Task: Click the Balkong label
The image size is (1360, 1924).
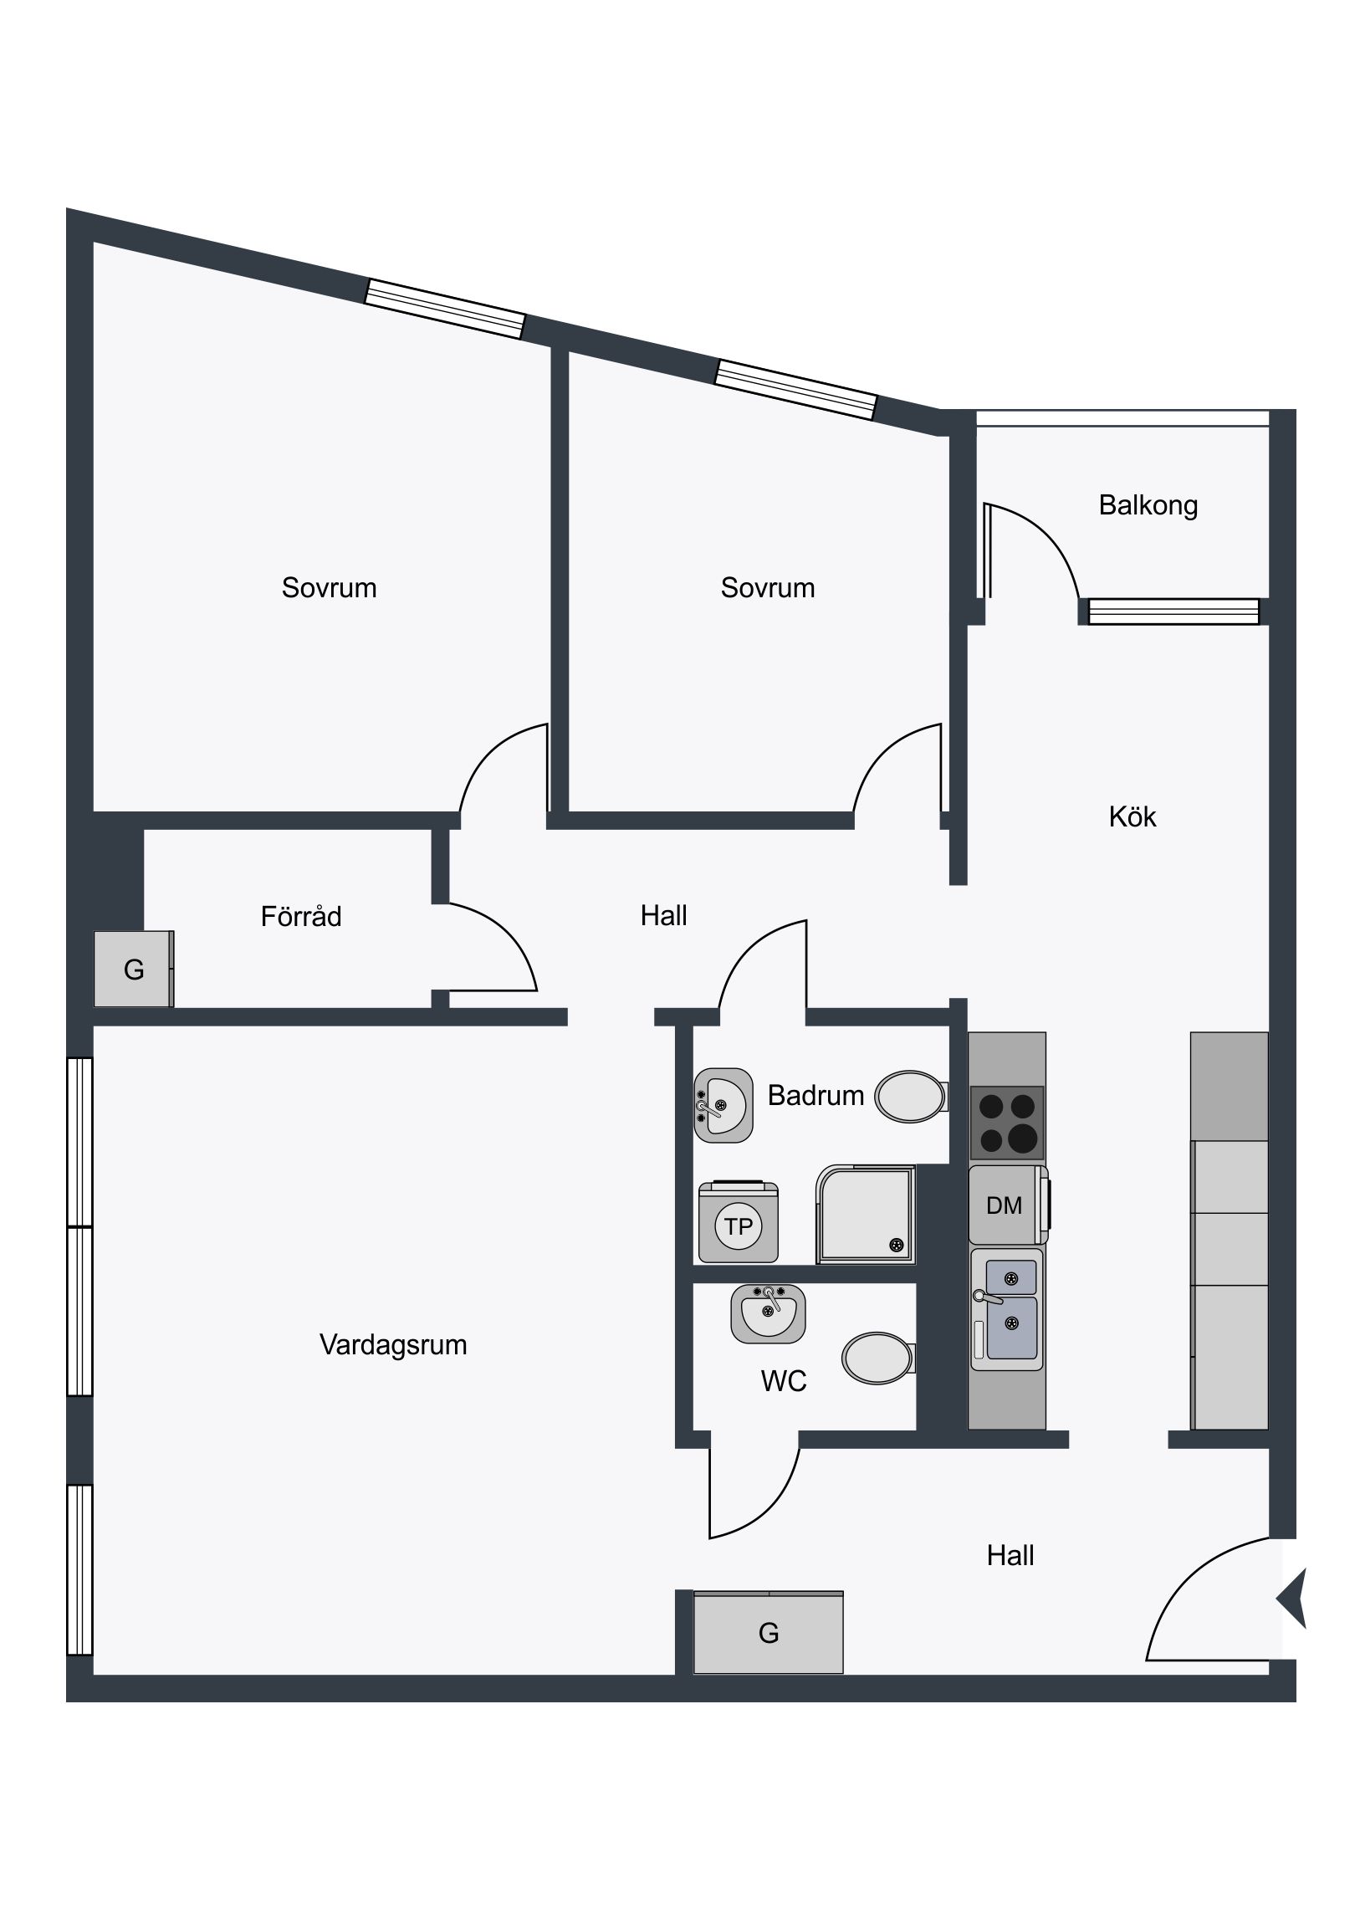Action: click(1148, 506)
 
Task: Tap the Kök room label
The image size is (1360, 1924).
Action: click(1132, 816)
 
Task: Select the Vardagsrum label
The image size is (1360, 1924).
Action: click(393, 1344)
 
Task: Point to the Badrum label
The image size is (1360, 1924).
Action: click(815, 1094)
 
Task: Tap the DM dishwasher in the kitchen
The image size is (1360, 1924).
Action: click(1009, 1205)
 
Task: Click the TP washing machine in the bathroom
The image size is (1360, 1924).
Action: click(739, 1222)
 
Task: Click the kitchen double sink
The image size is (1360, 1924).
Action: click(1006, 1310)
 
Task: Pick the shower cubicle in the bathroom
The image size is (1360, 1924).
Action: click(866, 1215)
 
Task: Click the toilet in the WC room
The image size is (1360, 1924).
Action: click(878, 1359)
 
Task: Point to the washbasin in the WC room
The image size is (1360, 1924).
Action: click(769, 1313)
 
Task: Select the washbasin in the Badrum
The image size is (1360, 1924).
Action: click(723, 1105)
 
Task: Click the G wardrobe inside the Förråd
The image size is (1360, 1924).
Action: click(134, 969)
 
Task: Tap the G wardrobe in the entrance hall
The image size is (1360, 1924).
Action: click(769, 1632)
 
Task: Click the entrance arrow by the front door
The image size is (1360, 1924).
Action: click(1293, 1598)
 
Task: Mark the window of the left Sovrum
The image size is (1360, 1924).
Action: click(445, 309)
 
